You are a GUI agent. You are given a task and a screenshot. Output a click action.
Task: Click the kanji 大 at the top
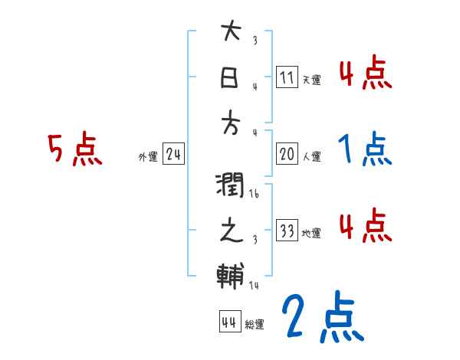pos(231,32)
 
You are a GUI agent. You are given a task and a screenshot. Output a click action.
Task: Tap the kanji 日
pos(231,77)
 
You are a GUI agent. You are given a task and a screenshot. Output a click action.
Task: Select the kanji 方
pos(231,121)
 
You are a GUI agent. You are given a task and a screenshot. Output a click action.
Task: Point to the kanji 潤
pos(231,186)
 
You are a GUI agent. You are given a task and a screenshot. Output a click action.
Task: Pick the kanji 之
pos(231,231)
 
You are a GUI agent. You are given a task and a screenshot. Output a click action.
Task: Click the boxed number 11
pos(287,77)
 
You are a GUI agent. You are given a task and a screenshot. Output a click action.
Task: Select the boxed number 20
pos(287,154)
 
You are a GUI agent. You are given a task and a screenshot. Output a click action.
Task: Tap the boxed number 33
pos(287,230)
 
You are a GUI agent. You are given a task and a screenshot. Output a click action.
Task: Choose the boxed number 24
pos(173,155)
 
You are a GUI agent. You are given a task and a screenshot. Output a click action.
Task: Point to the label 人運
pos(311,156)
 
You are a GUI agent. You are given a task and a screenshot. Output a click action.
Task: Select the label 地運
pos(311,233)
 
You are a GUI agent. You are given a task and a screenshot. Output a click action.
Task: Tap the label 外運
pos(148,157)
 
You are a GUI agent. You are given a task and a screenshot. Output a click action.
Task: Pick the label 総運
pos(255,324)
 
